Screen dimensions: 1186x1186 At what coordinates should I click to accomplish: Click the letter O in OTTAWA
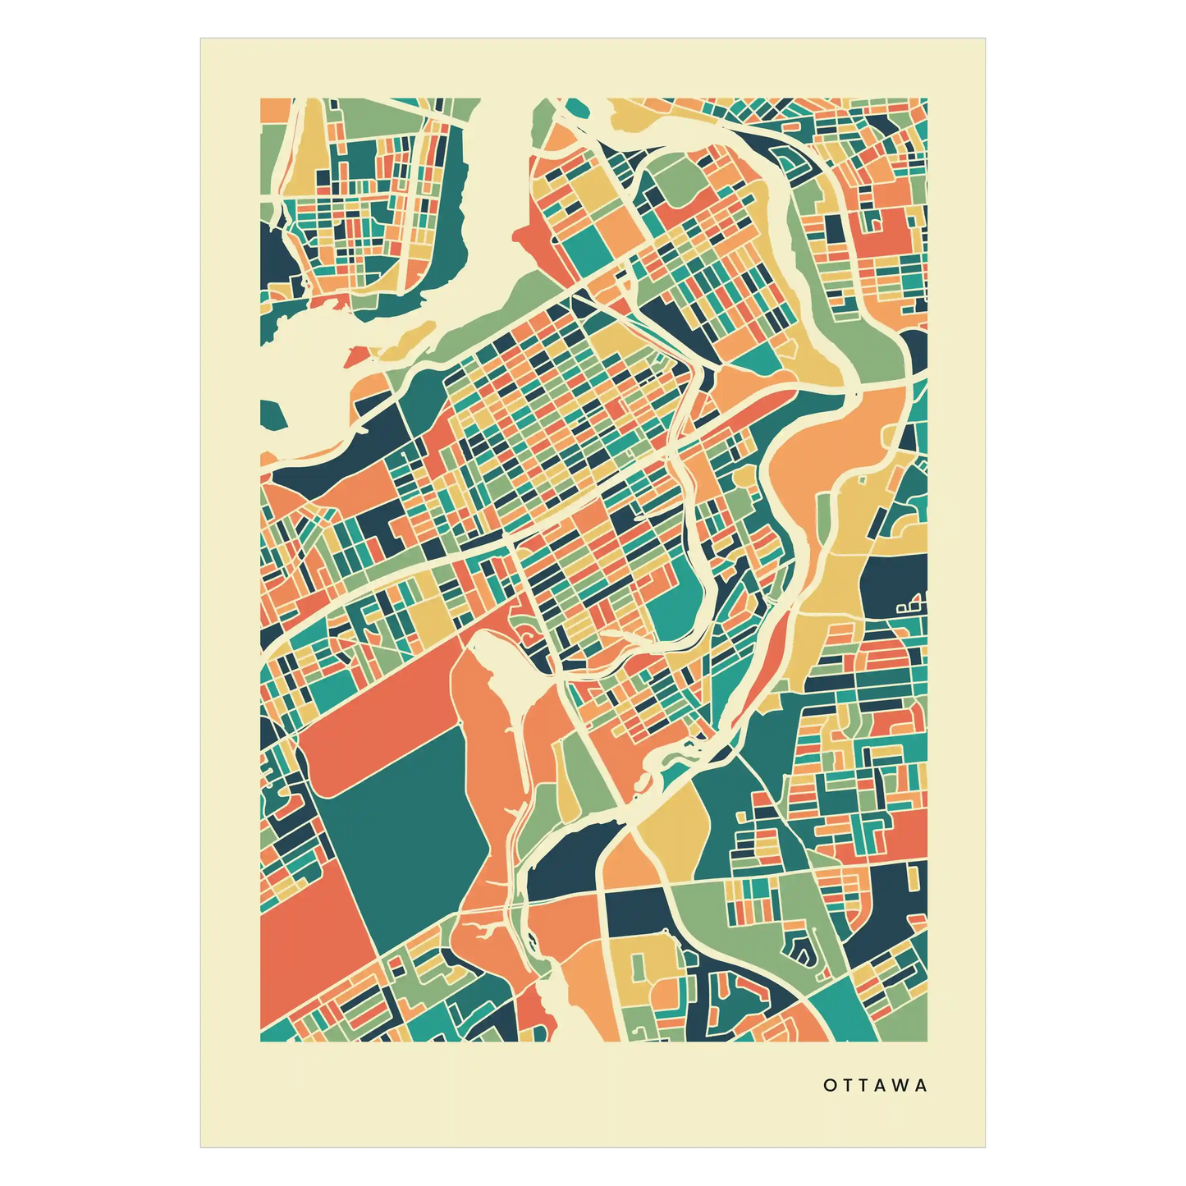click(x=829, y=1085)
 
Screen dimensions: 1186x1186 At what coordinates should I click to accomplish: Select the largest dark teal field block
click(x=406, y=837)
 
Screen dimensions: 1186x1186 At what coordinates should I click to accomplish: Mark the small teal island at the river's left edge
click(x=272, y=415)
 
